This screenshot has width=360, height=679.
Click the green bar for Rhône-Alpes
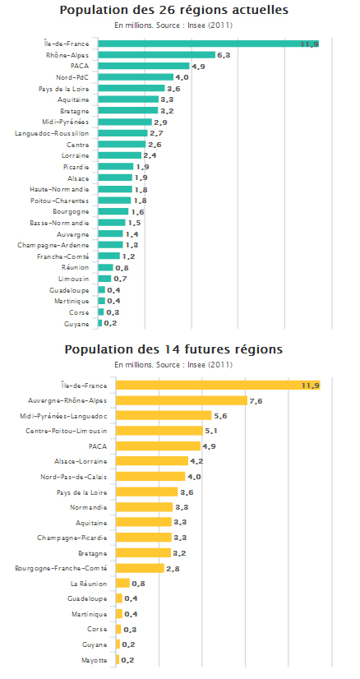point(157,55)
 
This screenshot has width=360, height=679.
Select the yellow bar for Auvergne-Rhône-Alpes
point(182,400)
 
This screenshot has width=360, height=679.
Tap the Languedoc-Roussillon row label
point(52,133)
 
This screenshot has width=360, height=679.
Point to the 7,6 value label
point(256,401)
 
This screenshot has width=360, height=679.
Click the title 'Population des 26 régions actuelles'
point(173,11)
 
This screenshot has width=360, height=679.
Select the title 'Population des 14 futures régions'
point(173,349)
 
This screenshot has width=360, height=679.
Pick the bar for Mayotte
point(118,660)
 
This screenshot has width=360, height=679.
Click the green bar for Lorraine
point(120,155)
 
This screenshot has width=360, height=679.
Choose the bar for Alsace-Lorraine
point(153,461)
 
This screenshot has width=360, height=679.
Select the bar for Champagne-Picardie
point(145,538)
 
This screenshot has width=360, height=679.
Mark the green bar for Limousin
point(105,279)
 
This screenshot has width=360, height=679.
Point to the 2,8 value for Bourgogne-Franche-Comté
point(173,569)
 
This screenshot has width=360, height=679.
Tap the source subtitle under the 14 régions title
point(173,365)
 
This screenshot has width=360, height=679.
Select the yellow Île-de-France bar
point(219,386)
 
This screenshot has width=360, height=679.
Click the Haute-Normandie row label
point(60,189)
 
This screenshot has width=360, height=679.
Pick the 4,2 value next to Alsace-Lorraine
point(197,462)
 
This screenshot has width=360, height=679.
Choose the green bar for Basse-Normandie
point(112,223)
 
